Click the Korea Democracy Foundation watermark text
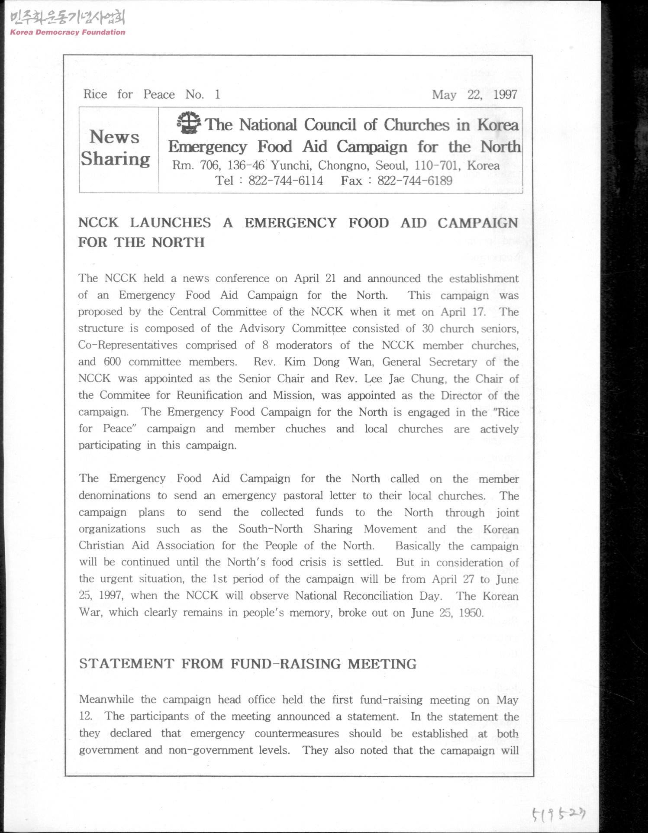pyautogui.click(x=68, y=32)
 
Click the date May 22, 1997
pyautogui.click(x=474, y=95)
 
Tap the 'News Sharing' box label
pyautogui.click(x=115, y=148)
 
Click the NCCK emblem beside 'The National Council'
pyautogui.click(x=189, y=123)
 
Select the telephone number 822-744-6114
pyautogui.click(x=285, y=181)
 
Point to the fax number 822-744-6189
pyautogui.click(x=415, y=181)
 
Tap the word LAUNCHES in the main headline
pyautogui.click(x=170, y=223)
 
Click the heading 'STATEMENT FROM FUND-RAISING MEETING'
pyautogui.click(x=248, y=664)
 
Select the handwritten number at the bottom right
pyautogui.click(x=558, y=814)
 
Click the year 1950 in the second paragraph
pyautogui.click(x=471, y=613)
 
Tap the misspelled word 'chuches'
pyautogui.click(x=305, y=429)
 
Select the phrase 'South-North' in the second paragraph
pyautogui.click(x=270, y=529)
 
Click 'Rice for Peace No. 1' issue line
pyautogui.click(x=152, y=94)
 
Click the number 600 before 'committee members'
pyautogui.click(x=112, y=362)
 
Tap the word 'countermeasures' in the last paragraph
pyautogui.click(x=297, y=734)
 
